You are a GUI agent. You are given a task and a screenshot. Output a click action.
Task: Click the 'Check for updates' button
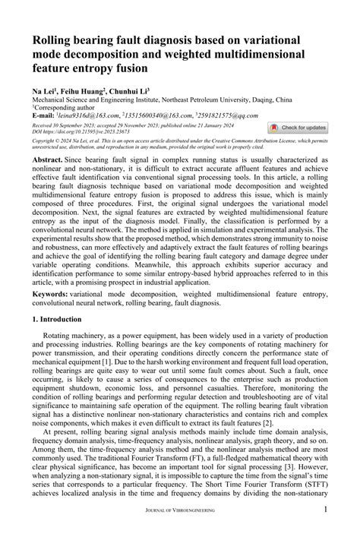(x=298, y=128)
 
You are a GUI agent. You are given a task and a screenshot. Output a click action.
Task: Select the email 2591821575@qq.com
(x=238, y=115)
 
